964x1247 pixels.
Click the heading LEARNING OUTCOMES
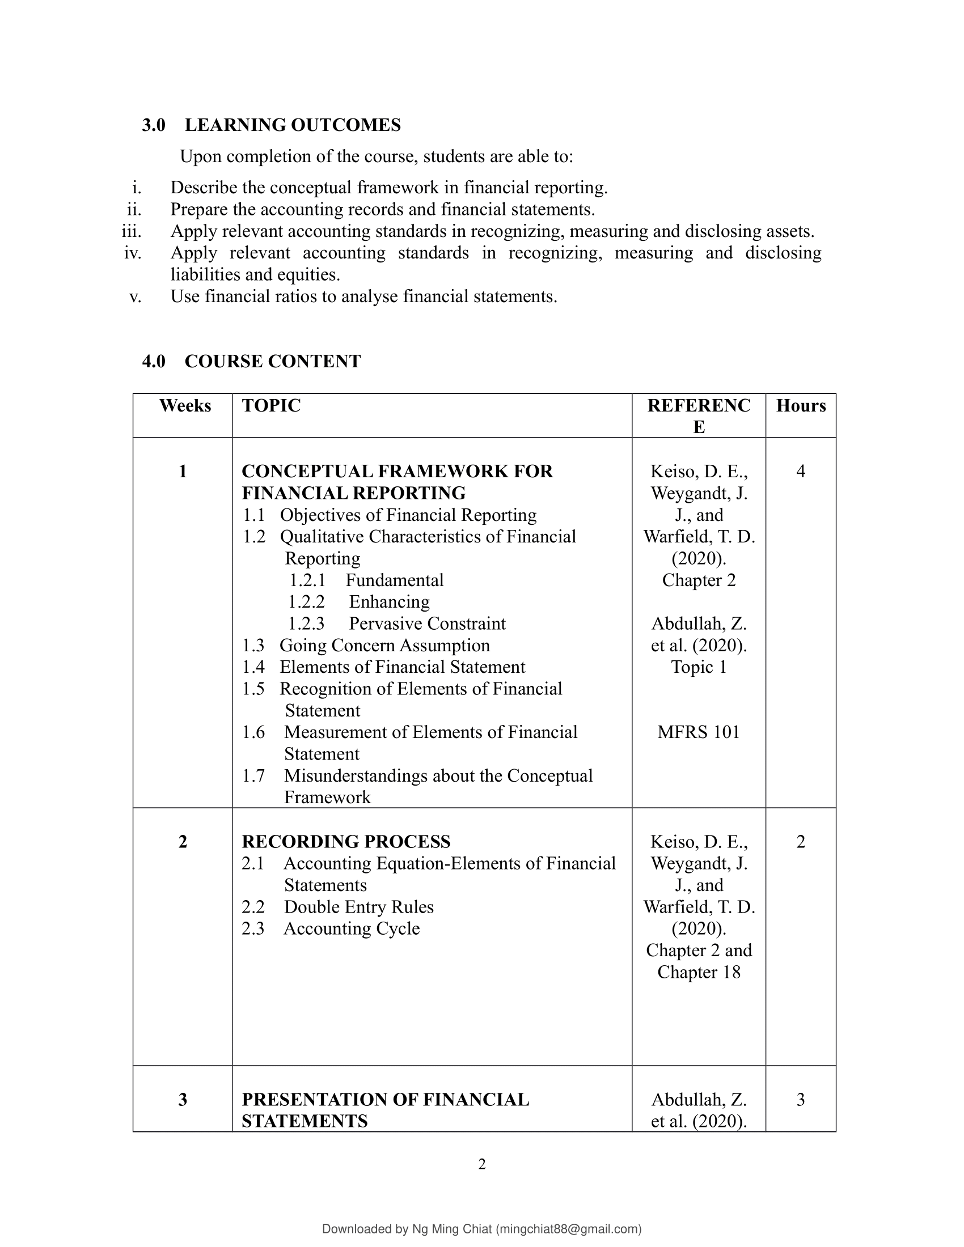click(293, 125)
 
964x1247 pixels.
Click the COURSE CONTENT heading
click(272, 362)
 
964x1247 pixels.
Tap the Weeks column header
click(185, 406)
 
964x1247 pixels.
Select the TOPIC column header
click(271, 406)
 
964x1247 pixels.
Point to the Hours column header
click(801, 406)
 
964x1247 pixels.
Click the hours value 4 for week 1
click(801, 472)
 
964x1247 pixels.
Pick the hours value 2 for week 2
click(801, 842)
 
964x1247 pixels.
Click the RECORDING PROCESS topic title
click(346, 842)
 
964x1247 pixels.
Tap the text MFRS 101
click(699, 732)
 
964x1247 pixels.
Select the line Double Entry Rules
click(358, 907)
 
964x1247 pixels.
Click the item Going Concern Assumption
click(384, 646)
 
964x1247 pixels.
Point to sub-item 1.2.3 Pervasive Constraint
click(426, 623)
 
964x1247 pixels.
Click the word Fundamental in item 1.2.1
click(395, 580)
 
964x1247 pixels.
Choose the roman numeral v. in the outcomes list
click(136, 297)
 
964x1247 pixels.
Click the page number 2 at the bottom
click(482, 1164)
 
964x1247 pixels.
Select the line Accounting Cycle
click(352, 929)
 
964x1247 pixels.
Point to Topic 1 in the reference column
click(699, 668)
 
